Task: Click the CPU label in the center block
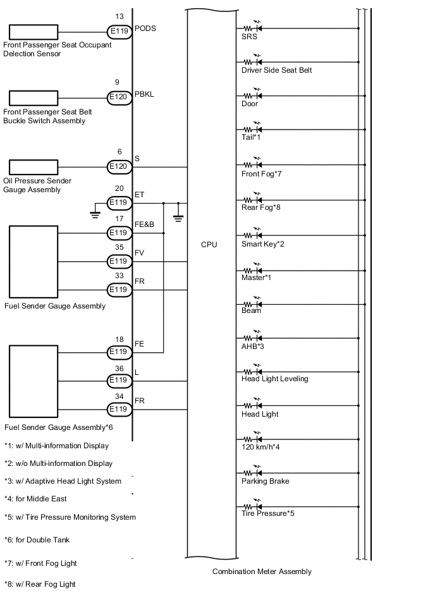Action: tap(209, 244)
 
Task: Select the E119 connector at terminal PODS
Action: tap(118, 31)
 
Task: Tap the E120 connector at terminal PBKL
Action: tap(118, 97)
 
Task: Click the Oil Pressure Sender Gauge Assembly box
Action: tap(34, 167)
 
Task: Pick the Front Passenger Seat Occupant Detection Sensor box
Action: tap(34, 31)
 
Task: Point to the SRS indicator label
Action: tap(249, 37)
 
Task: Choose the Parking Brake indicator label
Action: tap(265, 481)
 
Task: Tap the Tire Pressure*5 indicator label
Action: tap(267, 513)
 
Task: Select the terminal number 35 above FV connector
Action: tap(118, 248)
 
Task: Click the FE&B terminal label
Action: tap(145, 225)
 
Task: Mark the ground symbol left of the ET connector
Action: tap(95, 212)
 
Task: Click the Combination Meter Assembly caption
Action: tap(262, 572)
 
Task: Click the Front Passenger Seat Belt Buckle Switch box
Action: tap(34, 97)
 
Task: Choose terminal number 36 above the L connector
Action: tap(118, 369)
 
